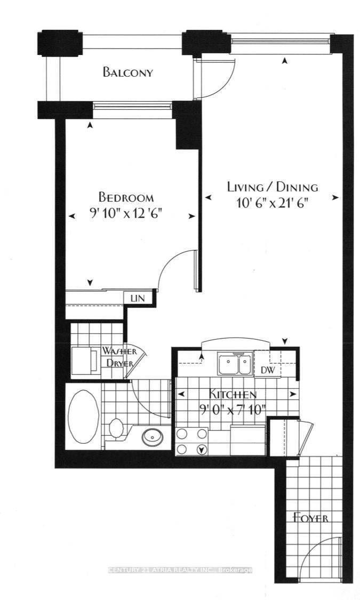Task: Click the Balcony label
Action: click(x=128, y=73)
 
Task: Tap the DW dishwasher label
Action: click(x=267, y=370)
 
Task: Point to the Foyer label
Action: click(x=310, y=517)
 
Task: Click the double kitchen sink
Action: click(x=234, y=365)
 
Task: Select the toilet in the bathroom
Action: click(x=116, y=428)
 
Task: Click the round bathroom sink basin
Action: click(x=153, y=437)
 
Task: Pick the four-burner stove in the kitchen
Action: click(x=191, y=442)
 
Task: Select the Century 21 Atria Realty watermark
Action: click(x=180, y=570)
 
